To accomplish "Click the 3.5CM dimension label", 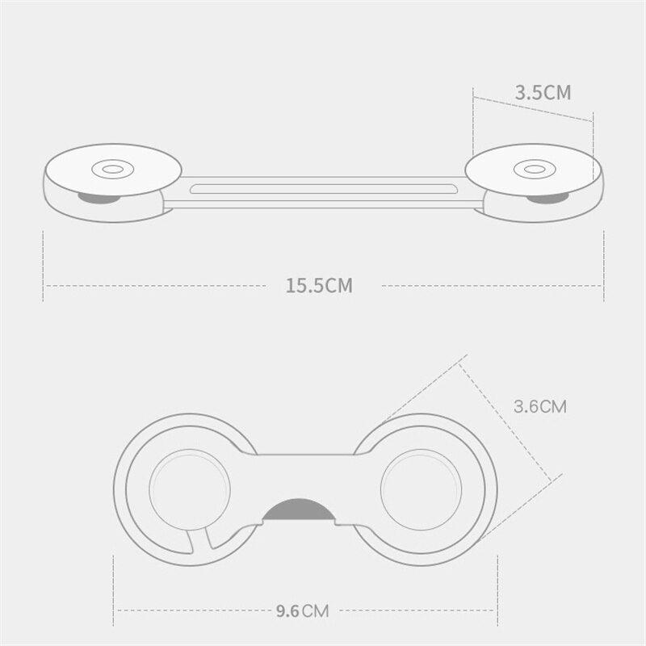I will click(543, 92).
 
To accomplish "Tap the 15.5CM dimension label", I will click(318, 285).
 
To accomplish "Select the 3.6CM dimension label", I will click(540, 406).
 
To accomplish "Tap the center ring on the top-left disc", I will click(109, 170).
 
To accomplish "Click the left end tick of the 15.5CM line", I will click(43, 266).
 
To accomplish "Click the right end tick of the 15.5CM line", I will click(602, 266).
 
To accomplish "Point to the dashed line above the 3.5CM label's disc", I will click(533, 109).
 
